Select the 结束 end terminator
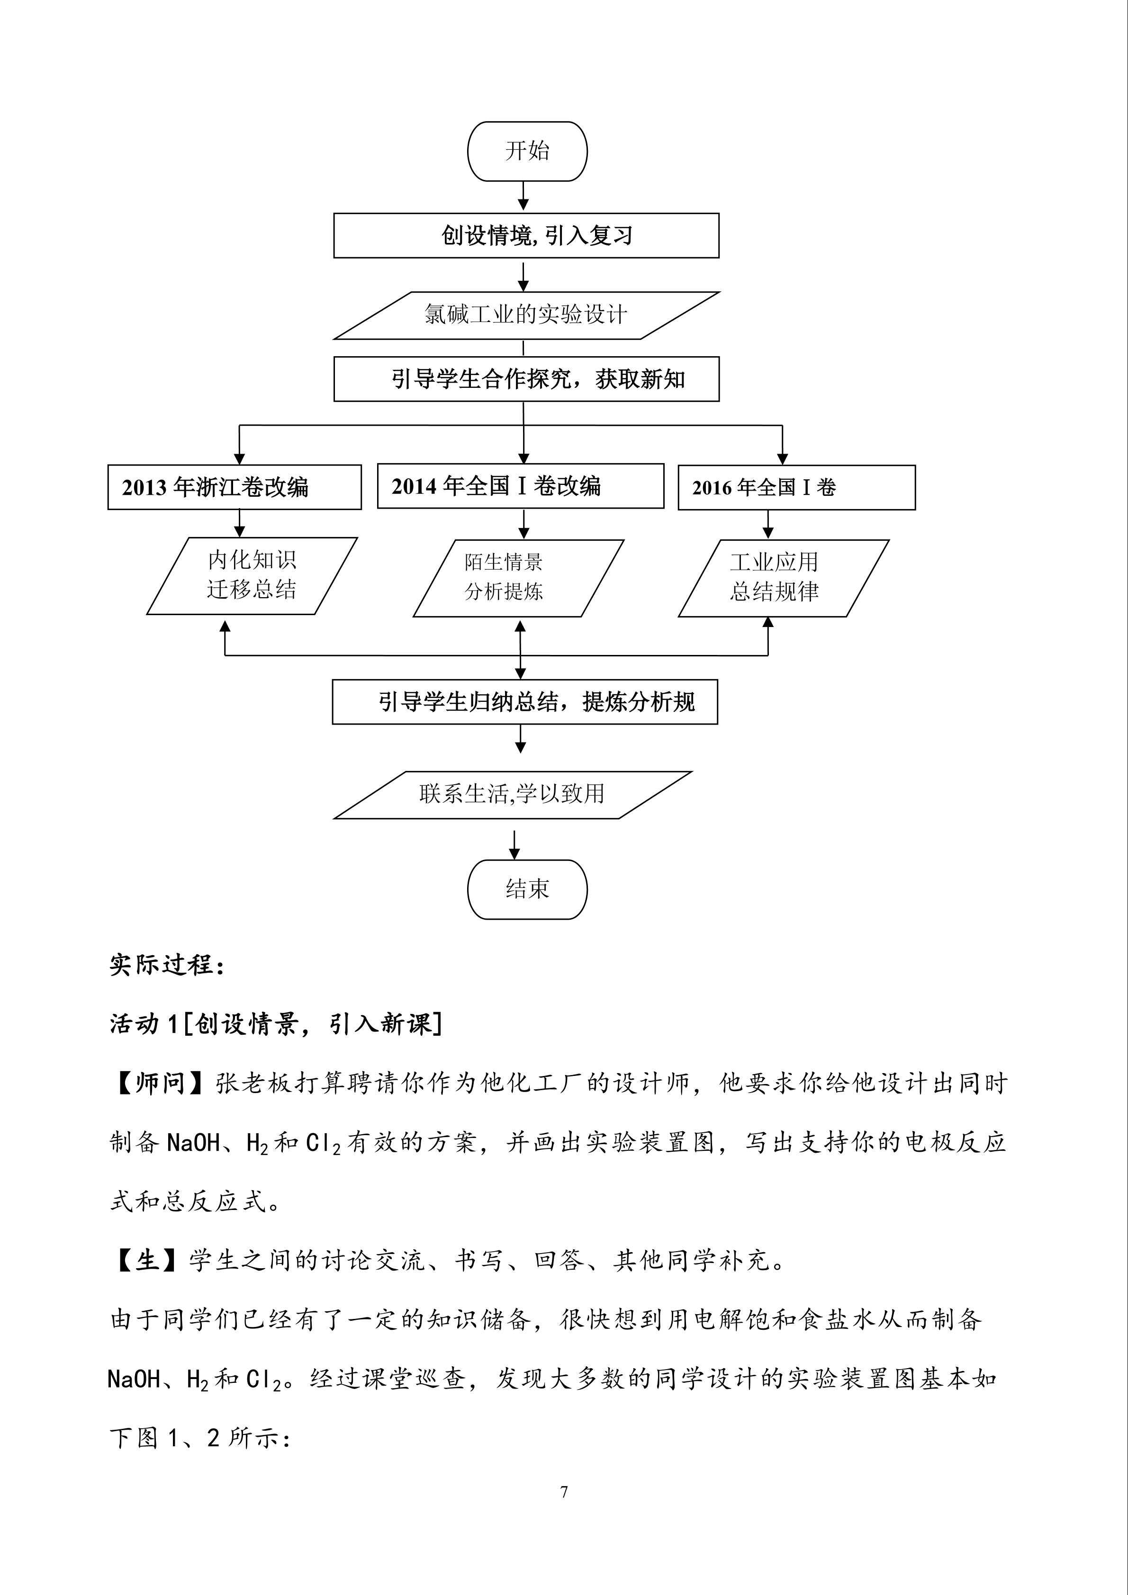(x=527, y=889)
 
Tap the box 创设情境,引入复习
(x=526, y=235)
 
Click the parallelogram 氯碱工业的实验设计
(x=526, y=315)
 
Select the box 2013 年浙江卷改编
(x=234, y=487)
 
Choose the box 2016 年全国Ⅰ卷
(x=796, y=487)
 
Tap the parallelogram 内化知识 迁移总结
(x=252, y=575)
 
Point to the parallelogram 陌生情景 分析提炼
(x=518, y=577)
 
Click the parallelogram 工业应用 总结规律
(x=783, y=577)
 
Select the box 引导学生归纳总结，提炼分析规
(x=525, y=702)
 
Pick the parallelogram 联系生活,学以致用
(x=512, y=794)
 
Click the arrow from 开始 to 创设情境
(x=523, y=196)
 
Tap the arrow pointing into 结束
(x=514, y=845)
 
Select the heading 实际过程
(x=167, y=965)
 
